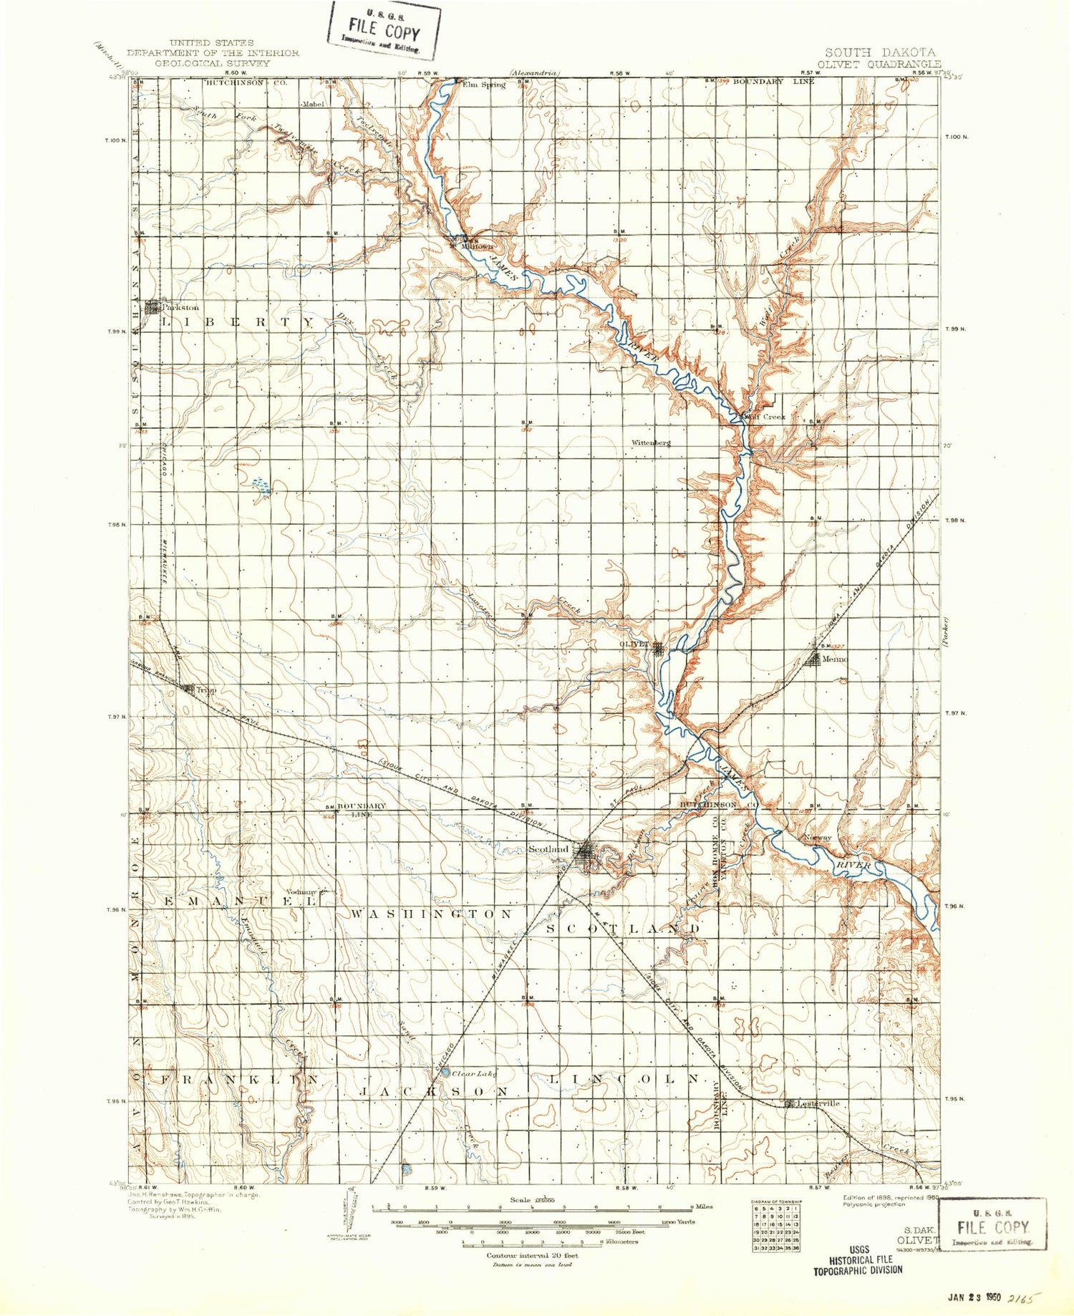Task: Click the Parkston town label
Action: coord(180,308)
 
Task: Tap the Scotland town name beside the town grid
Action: coord(548,849)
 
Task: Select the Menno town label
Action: coord(835,659)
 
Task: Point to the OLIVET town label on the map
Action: coord(634,644)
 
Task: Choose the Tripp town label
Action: coord(206,690)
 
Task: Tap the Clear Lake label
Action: coord(475,1073)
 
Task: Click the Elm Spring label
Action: coord(484,84)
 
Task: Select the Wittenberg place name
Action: coord(651,442)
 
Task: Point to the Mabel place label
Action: coord(313,104)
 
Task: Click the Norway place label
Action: coord(817,837)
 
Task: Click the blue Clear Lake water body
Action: coord(445,1073)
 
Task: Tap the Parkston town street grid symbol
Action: coord(153,308)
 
